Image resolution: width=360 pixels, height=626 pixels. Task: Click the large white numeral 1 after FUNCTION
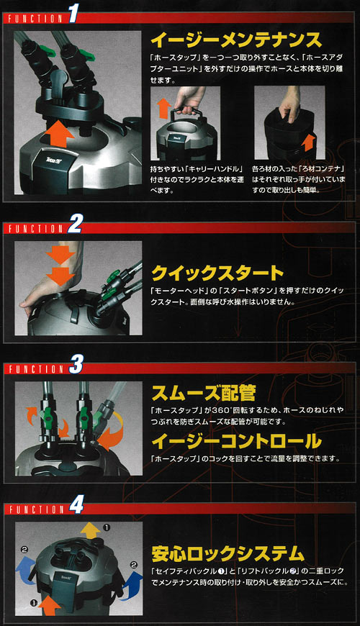pyautogui.click(x=73, y=14)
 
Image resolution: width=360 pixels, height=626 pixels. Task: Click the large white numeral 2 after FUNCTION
pyautogui.click(x=74, y=224)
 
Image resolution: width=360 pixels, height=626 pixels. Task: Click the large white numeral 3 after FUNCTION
pyautogui.click(x=76, y=366)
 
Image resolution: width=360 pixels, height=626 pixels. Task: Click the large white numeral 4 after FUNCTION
pyautogui.click(x=76, y=506)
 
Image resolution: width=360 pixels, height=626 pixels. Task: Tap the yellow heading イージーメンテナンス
pyautogui.click(x=236, y=40)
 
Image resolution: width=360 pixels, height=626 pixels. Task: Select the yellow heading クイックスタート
pyautogui.click(x=217, y=273)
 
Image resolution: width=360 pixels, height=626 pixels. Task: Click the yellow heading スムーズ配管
pyautogui.click(x=203, y=393)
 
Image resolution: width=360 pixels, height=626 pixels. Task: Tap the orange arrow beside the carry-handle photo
pyautogui.click(x=163, y=109)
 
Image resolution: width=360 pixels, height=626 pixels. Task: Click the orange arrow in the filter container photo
pyautogui.click(x=307, y=142)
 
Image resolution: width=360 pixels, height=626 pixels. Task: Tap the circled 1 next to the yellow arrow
pyautogui.click(x=107, y=527)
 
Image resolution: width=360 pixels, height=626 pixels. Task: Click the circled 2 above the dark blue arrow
pyautogui.click(x=134, y=565)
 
